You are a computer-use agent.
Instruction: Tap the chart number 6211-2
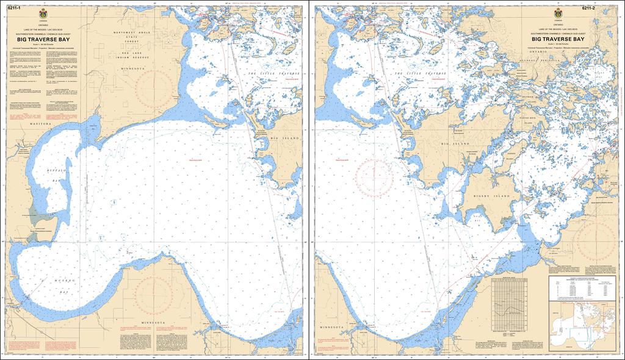588,8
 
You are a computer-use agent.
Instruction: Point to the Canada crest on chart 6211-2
558,14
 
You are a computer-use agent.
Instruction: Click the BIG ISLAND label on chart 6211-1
284,139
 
